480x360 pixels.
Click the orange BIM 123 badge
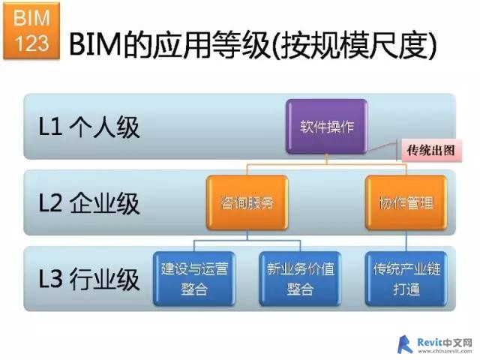(31, 30)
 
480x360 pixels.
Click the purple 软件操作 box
(326, 126)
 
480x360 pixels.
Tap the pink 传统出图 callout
(430, 150)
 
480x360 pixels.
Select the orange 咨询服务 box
(247, 202)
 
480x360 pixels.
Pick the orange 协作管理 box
(406, 202)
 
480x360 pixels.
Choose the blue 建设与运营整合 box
(194, 278)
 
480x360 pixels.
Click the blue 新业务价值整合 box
(300, 278)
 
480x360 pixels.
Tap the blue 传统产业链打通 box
(406, 278)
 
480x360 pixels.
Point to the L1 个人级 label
(89, 127)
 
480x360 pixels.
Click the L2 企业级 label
(89, 203)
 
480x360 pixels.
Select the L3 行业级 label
(89, 279)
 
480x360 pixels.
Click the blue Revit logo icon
(405, 345)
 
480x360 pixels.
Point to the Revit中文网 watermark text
(445, 343)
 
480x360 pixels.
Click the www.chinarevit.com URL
(445, 351)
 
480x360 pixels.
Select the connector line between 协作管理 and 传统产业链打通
(406, 241)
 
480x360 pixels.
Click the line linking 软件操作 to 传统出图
(382, 147)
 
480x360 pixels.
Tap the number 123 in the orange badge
(31, 43)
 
